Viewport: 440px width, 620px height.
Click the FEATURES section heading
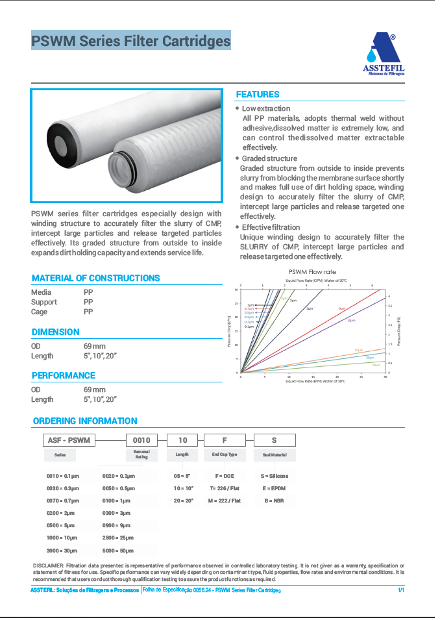tap(258, 94)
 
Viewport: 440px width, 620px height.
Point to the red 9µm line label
tap(341, 308)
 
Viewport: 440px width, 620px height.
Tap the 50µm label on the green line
tap(376, 365)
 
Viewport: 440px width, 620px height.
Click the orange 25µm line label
tap(358, 351)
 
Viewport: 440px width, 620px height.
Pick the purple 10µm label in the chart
tap(350, 320)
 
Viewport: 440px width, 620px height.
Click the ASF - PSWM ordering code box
tap(69, 440)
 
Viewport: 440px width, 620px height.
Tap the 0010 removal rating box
tap(141, 440)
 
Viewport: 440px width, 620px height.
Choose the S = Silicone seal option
tap(274, 476)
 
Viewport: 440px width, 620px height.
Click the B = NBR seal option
tap(274, 501)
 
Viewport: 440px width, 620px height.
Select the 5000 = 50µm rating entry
tap(119, 550)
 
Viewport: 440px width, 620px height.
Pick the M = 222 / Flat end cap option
tap(225, 501)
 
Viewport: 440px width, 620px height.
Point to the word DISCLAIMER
tap(48, 566)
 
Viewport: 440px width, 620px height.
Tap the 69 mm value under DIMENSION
tap(95, 346)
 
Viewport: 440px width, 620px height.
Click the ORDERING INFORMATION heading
tap(85, 421)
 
